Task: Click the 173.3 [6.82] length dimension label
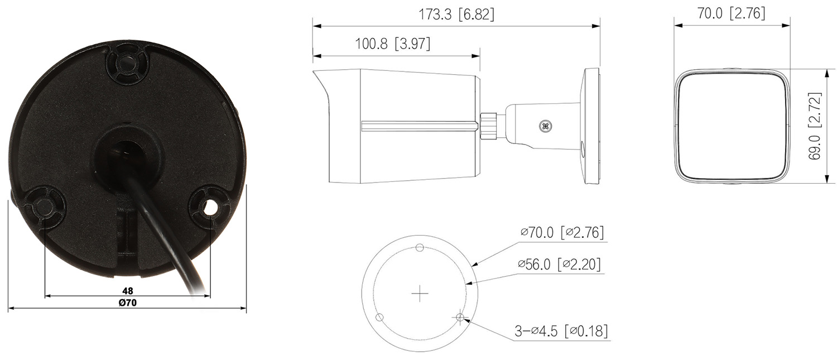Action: point(456,15)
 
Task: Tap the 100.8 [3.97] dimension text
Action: point(393,44)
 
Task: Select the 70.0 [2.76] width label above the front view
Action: point(731,13)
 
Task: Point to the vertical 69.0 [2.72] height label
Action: point(815,126)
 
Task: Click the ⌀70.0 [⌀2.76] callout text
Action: point(562,232)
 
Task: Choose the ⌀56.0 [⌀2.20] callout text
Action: point(559,265)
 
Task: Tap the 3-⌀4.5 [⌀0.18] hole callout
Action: point(561,331)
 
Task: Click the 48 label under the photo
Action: point(128,290)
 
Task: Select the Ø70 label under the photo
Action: point(128,303)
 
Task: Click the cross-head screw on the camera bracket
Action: point(546,126)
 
